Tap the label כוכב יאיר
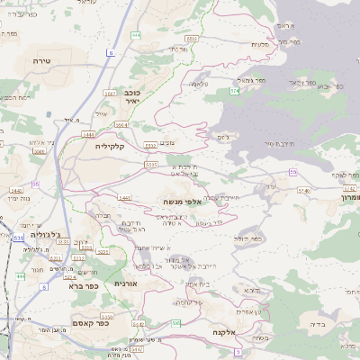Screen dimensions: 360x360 pyautogui.click(x=130, y=96)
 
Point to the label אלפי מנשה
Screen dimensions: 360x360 pyautogui.click(x=181, y=202)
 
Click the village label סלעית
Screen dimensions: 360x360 pyautogui.click(x=261, y=45)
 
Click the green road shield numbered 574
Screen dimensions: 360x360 pyautogui.click(x=234, y=92)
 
